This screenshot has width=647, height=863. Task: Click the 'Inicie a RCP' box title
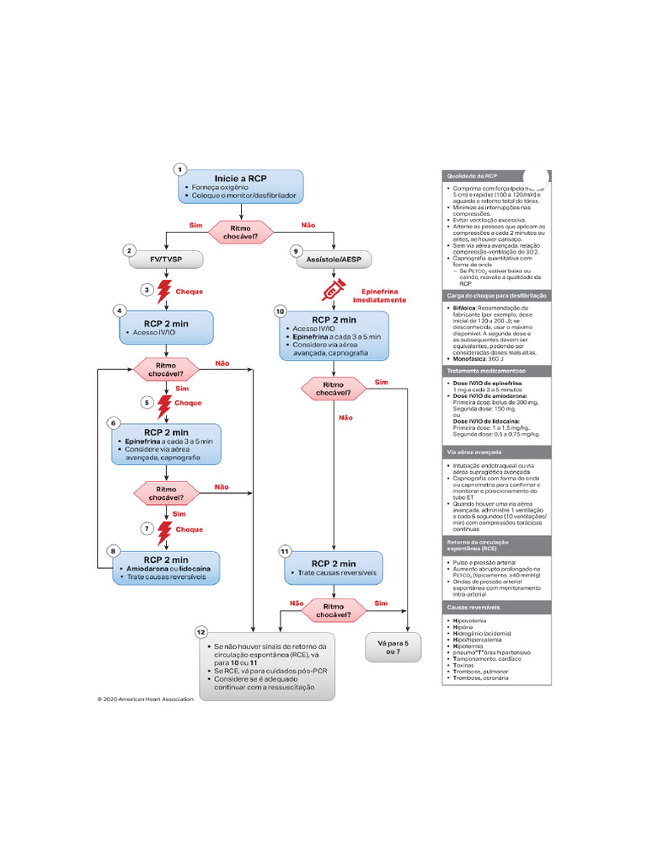pyautogui.click(x=240, y=179)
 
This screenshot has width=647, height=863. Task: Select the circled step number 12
pyautogui.click(x=201, y=632)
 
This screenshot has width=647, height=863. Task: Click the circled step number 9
pyautogui.click(x=296, y=250)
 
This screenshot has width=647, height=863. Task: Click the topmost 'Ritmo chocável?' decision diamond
pyautogui.click(x=241, y=232)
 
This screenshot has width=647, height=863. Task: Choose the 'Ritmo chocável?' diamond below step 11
pyautogui.click(x=334, y=610)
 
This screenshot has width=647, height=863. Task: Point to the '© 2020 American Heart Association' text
pyautogui.click(x=145, y=699)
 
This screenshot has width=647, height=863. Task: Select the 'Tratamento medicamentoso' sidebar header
pyautogui.click(x=485, y=371)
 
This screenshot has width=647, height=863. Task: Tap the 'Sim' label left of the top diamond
pyautogui.click(x=195, y=225)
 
